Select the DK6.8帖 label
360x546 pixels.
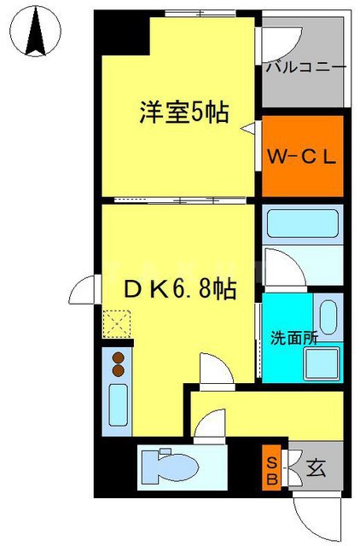coord(181,290)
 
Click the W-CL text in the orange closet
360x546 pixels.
coord(303,157)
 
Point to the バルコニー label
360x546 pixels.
coord(305,67)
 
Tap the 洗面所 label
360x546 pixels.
coord(295,337)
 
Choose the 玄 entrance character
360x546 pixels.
coord(315,468)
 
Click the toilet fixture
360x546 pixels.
coord(176,467)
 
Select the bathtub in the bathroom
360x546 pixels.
coord(302,226)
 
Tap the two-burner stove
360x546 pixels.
coord(119,364)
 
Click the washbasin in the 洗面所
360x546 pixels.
coord(328,317)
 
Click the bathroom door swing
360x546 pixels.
coord(284,264)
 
